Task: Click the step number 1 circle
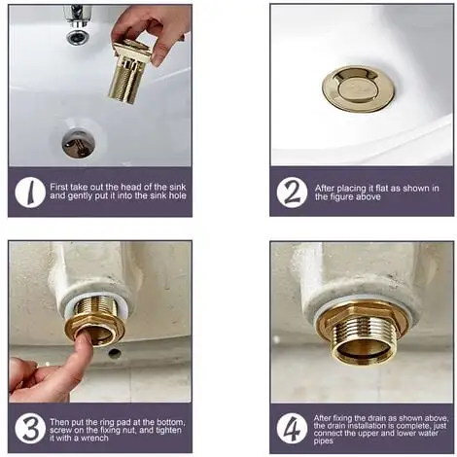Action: click(30, 193)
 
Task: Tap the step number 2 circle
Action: click(292, 193)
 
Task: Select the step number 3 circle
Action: click(30, 429)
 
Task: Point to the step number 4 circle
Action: click(292, 429)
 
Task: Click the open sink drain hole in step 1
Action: click(79, 143)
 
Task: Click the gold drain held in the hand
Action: click(128, 70)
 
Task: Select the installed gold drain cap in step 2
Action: click(359, 88)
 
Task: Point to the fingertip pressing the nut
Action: click(83, 341)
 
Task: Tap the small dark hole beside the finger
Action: click(115, 353)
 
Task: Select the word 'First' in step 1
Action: click(58, 187)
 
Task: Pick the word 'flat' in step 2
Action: click(382, 189)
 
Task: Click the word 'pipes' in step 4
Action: click(323, 441)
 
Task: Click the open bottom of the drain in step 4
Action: click(363, 352)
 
